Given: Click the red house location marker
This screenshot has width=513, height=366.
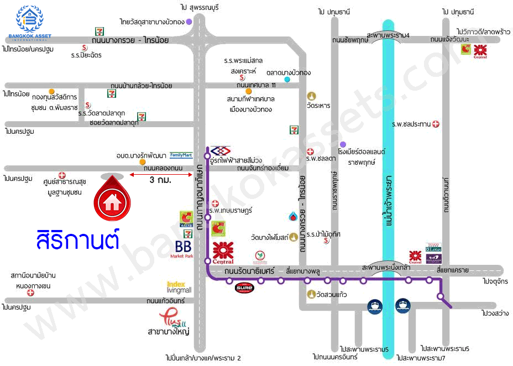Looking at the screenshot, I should [113, 199].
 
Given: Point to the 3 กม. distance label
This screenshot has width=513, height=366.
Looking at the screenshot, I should [160, 180].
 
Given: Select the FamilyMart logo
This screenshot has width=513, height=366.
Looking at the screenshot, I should [181, 155].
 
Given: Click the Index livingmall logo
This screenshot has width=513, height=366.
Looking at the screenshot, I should [179, 287].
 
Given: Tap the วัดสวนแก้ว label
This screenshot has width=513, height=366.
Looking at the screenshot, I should [332, 294].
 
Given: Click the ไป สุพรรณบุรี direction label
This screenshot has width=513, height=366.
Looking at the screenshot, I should [200, 7].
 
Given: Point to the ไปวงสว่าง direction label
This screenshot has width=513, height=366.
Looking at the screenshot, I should [495, 313].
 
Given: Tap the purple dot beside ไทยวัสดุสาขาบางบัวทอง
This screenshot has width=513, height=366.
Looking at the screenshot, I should [189, 22].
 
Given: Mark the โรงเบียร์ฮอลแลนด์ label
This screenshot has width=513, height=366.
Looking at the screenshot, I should [362, 151].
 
